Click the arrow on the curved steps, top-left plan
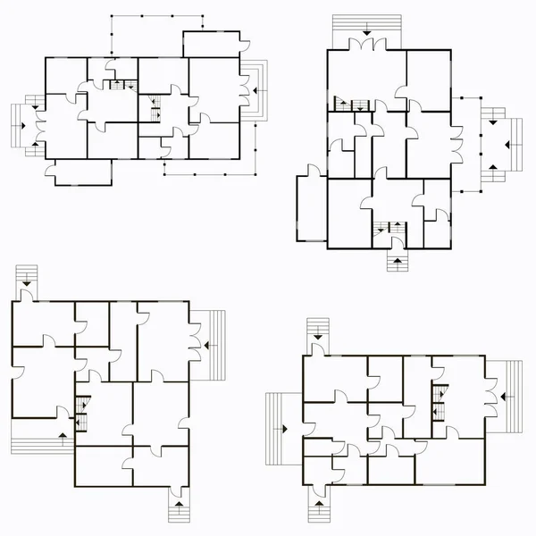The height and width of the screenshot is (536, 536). pyautogui.click(x=255, y=90)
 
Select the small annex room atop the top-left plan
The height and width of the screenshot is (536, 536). pyautogui.click(x=212, y=46)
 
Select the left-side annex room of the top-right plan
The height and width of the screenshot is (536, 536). pyautogui.click(x=312, y=208)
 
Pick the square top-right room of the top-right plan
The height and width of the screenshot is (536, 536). pyautogui.click(x=428, y=80)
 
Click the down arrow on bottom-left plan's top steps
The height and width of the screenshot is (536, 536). pyautogui.click(x=27, y=282)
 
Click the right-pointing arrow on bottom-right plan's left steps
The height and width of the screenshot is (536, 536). pyautogui.click(x=284, y=429)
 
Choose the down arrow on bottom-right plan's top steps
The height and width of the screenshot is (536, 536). pyautogui.click(x=318, y=336)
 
